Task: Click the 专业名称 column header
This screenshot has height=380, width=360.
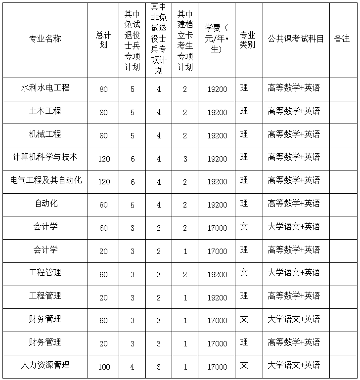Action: tap(45, 39)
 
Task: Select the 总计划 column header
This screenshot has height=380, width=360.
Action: tap(103, 40)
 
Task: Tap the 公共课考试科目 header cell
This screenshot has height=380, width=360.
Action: tap(296, 39)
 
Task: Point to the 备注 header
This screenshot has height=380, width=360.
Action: tap(342, 39)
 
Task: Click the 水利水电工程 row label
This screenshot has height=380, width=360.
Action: tap(45, 88)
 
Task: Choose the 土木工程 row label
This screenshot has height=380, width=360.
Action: tap(45, 111)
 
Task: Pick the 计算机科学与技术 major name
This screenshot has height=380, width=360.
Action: tap(45, 157)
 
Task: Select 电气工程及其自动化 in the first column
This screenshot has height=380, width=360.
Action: tap(45, 180)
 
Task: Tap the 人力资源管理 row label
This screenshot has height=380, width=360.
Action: tap(45, 365)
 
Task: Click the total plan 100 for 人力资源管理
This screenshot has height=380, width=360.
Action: tap(103, 367)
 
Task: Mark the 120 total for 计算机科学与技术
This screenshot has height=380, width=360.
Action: tap(103, 159)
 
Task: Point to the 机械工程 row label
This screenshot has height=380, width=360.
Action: tap(45, 134)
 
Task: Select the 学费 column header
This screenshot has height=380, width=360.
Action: tap(217, 39)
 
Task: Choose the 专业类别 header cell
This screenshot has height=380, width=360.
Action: tap(247, 40)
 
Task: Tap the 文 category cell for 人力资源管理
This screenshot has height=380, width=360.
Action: tap(244, 366)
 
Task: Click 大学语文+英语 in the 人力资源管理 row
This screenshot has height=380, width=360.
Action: tap(294, 366)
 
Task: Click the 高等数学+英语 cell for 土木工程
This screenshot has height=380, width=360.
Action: tap(294, 111)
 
